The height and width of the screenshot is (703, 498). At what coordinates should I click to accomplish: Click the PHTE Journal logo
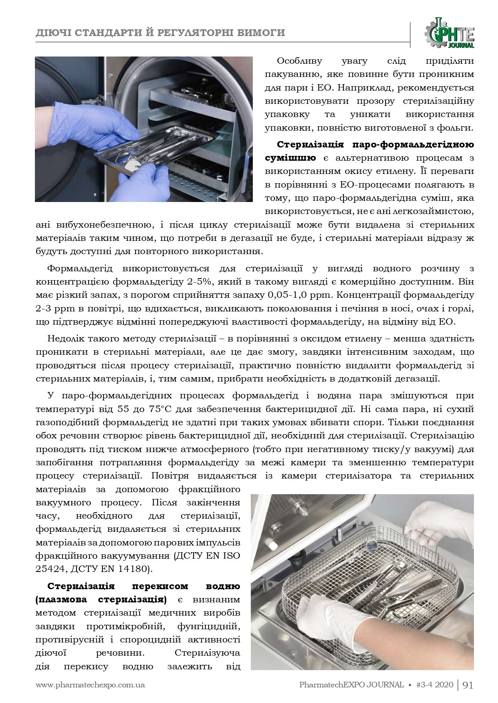pyautogui.click(x=451, y=32)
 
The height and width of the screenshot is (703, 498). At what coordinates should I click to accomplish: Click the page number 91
pyautogui.click(x=468, y=685)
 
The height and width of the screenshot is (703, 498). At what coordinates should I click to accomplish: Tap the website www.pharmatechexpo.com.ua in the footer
pyautogui.click(x=90, y=685)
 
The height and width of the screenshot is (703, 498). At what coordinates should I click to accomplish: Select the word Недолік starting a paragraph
pyautogui.click(x=67, y=338)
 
